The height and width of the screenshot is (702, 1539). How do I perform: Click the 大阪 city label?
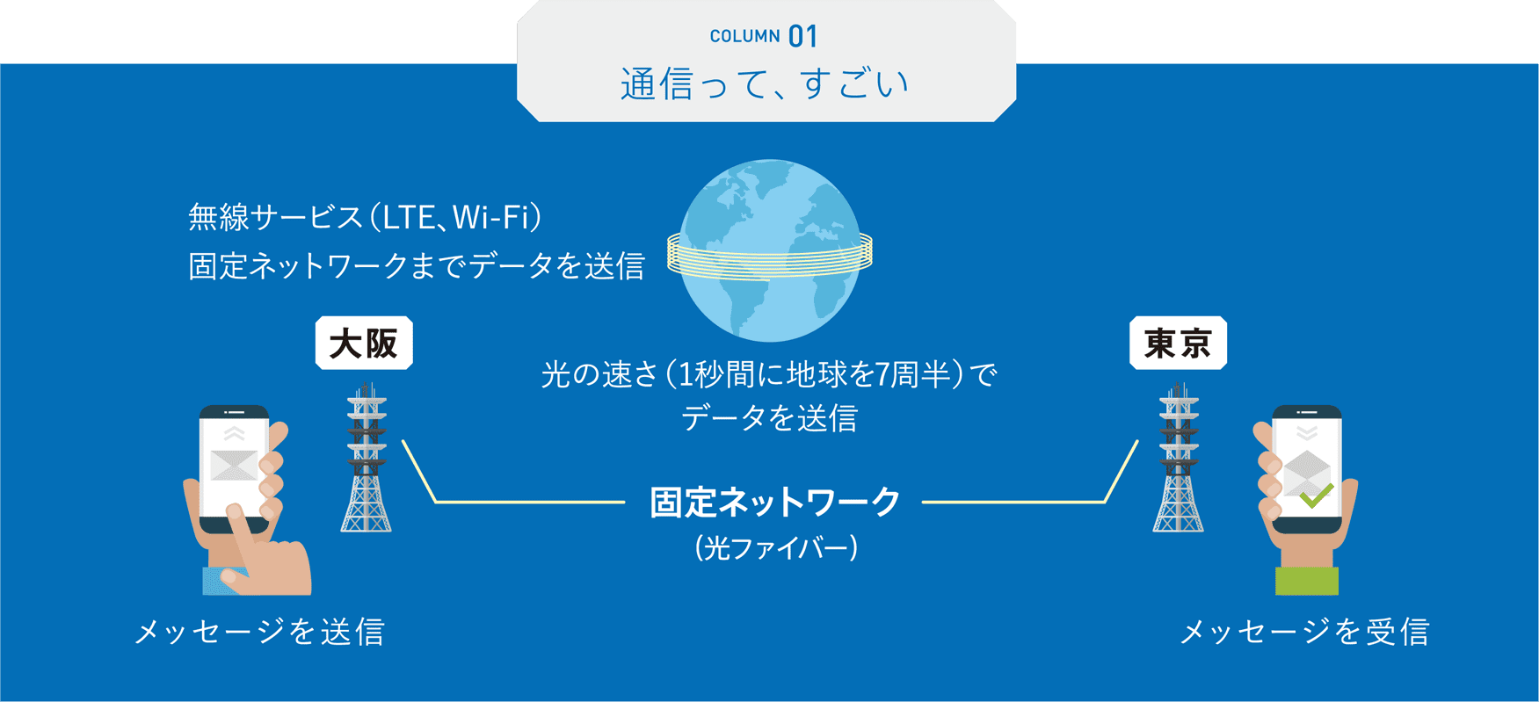coord(364,343)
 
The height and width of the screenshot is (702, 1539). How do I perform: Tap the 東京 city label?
coord(1178,343)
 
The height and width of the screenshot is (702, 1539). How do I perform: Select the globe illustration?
coord(770,250)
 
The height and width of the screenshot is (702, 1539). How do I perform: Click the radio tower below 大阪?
coord(367,458)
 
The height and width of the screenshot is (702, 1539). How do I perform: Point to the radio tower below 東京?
coord(1179,458)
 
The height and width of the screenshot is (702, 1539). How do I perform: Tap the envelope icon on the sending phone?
coord(234,465)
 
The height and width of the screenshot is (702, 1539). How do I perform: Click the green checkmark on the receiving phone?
coord(1316,496)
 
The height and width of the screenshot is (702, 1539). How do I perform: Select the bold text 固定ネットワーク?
coord(775,503)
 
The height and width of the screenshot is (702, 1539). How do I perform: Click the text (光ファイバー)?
coord(775,548)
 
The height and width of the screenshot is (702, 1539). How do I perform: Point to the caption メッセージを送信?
coord(260,632)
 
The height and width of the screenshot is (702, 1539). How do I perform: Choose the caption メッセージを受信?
coord(1304,632)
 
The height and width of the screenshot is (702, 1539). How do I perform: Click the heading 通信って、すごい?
coord(766,84)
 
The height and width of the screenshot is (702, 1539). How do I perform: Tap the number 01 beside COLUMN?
coord(803,37)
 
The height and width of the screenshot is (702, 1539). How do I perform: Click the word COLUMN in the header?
coord(744,36)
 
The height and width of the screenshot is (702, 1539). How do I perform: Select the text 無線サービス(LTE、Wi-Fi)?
coord(365,217)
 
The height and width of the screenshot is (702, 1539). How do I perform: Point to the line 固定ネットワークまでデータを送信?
coord(417,265)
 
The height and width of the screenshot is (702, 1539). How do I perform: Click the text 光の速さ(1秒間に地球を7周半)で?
coord(770,375)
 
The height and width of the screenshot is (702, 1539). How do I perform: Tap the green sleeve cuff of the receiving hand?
coord(1307,581)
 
